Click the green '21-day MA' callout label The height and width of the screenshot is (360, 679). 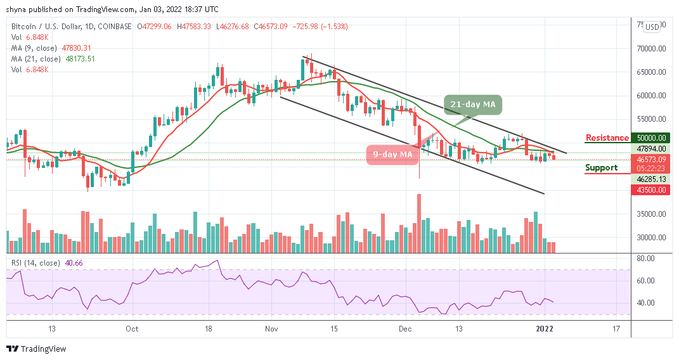pyautogui.click(x=479, y=104)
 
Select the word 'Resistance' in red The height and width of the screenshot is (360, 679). pyautogui.click(x=607, y=138)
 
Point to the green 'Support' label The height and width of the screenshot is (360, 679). pyautogui.click(x=601, y=167)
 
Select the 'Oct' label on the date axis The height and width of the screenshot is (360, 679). pyautogui.click(x=132, y=329)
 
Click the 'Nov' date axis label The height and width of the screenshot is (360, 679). pyautogui.click(x=271, y=329)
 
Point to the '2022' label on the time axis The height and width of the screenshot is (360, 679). pyautogui.click(x=546, y=329)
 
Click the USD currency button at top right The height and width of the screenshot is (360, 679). pyautogui.click(x=652, y=27)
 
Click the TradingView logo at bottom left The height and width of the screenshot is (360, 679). pyautogui.click(x=36, y=349)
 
